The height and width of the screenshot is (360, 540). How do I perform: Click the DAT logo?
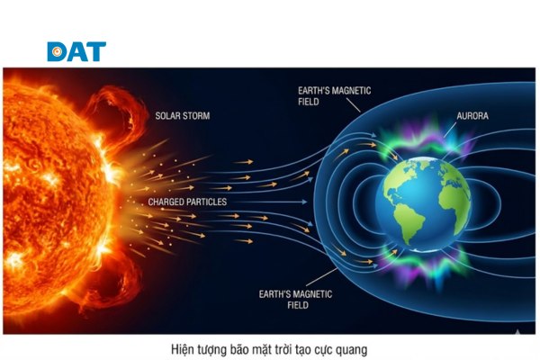coord(76,51)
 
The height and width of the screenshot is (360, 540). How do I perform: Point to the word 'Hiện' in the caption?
coord(184,347)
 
